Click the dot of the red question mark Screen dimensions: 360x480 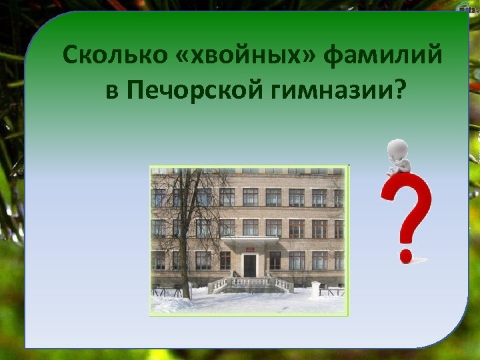pos(405,255)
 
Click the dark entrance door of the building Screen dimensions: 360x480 pos(249,265)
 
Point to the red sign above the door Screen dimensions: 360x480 pos(249,248)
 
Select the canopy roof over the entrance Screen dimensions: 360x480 pos(250,239)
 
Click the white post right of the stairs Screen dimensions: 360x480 pos(315,289)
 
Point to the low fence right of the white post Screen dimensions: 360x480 pos(332,291)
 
